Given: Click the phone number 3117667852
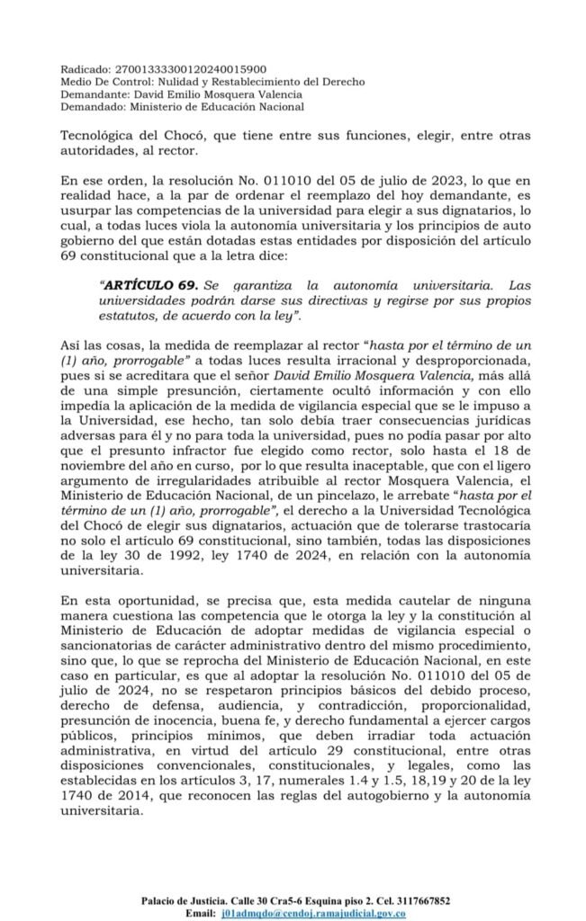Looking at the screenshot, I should point(419,900).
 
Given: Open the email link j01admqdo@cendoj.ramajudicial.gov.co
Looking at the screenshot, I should point(312,913).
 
